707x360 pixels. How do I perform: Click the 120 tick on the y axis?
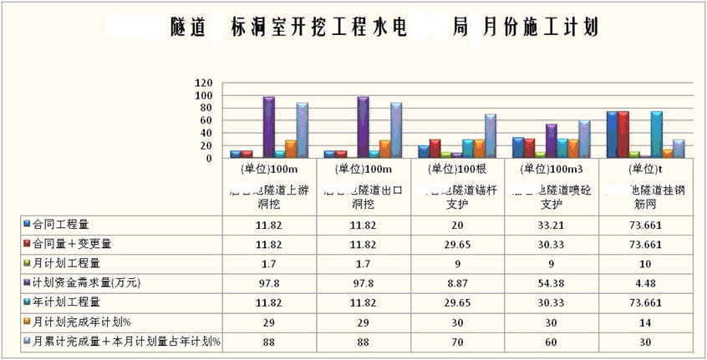(x=203, y=84)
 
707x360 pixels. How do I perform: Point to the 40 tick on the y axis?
(x=206, y=134)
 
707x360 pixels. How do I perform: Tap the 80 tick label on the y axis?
(x=206, y=109)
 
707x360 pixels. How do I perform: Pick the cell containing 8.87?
(x=457, y=283)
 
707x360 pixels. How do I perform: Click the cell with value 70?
(x=457, y=341)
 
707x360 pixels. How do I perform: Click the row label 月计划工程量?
(x=68, y=264)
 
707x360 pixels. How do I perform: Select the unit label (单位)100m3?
(x=550, y=169)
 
